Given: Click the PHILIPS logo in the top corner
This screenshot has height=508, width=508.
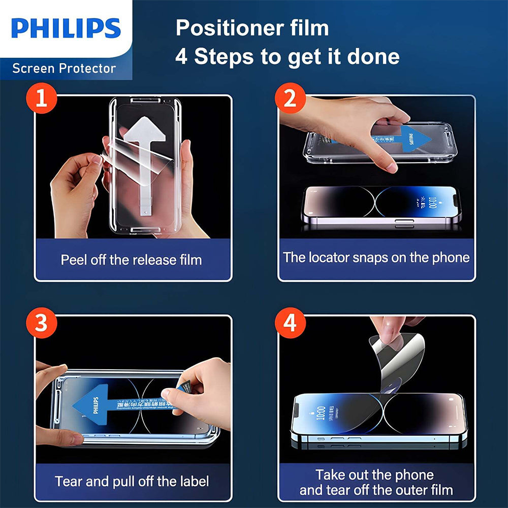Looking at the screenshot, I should [x=66, y=28].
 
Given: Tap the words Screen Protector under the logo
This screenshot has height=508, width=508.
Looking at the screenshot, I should [x=64, y=68].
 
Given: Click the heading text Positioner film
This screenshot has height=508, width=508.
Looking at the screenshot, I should [x=252, y=28].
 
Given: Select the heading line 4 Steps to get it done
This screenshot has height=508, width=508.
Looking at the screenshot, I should [x=287, y=56].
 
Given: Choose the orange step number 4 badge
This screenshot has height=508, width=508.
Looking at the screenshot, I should [x=290, y=324].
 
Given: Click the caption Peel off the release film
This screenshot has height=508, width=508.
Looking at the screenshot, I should [x=131, y=260].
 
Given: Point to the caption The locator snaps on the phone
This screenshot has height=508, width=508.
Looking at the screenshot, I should [x=376, y=257].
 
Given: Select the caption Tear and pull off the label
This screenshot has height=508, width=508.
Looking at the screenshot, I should [x=132, y=481].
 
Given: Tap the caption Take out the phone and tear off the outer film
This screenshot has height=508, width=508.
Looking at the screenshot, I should [x=376, y=482].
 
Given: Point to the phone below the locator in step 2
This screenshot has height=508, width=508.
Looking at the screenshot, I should [x=381, y=206].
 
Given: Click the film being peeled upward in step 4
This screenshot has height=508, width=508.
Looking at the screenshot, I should [x=396, y=356].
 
